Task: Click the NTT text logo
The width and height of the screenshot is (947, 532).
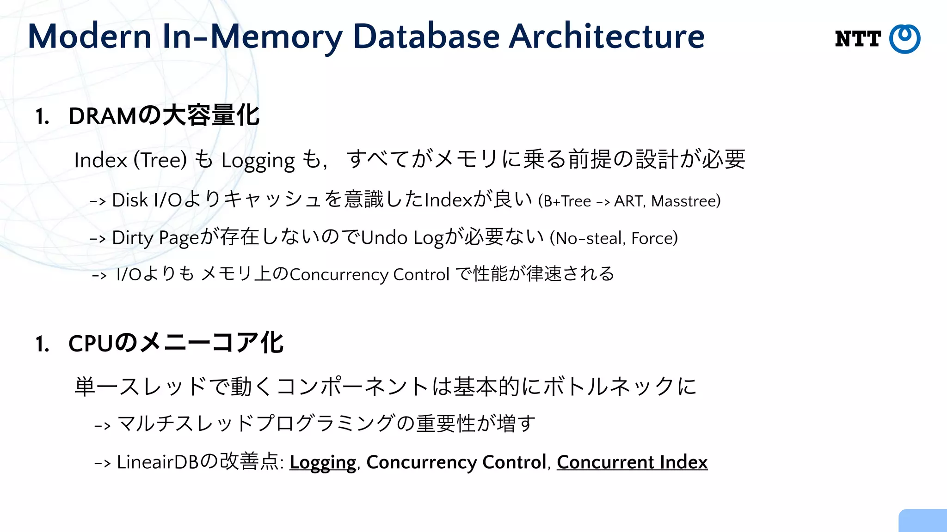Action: coord(858,39)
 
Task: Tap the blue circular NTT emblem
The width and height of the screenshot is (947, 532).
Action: coord(905,39)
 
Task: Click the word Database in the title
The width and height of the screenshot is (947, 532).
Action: coord(426,36)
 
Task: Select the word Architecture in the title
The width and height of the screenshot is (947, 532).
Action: coord(607,36)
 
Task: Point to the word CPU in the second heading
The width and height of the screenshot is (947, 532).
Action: coord(90,344)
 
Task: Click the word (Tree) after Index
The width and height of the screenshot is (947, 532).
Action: coord(160,160)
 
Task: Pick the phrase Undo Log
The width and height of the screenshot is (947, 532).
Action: coord(402,238)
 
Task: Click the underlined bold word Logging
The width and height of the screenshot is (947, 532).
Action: coord(323,462)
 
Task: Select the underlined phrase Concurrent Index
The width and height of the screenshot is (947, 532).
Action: coord(632,462)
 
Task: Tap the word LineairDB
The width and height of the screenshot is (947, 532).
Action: coord(157,462)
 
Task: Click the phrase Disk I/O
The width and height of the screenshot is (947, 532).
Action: coord(147,200)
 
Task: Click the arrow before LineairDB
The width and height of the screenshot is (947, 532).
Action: coord(102,463)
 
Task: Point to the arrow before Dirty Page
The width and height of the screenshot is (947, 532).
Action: coord(98,239)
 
